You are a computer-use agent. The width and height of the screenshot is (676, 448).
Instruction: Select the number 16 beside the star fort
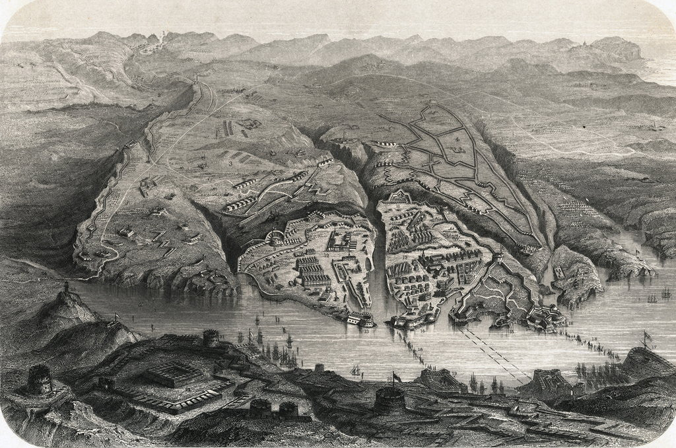coord(570,325)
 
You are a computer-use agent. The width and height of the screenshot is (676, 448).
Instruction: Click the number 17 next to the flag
coord(654,347)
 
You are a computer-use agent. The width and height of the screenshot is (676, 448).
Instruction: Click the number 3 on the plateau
coord(229,162)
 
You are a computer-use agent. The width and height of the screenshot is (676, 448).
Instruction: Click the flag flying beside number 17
coord(645,336)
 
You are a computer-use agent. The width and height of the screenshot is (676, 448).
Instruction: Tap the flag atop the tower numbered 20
coord(395,376)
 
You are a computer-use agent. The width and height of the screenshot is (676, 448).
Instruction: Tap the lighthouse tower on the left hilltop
coord(67,290)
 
